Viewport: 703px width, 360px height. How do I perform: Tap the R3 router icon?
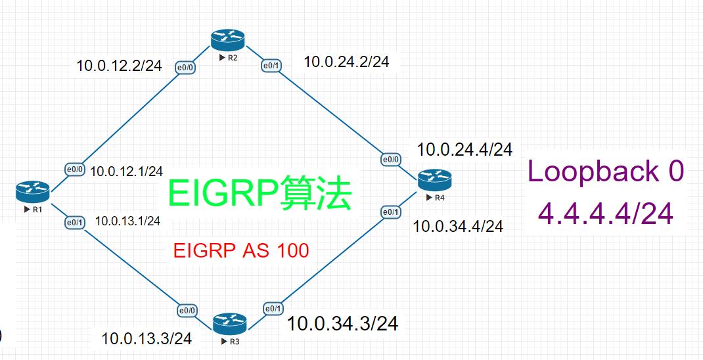[229, 323]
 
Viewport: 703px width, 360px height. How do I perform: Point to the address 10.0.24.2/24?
[346, 62]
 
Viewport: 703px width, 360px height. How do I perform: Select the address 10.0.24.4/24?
[464, 150]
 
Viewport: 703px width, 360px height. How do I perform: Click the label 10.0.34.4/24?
[458, 227]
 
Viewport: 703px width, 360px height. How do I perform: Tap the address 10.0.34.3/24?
[342, 323]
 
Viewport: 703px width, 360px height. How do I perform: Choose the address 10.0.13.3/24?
[147, 338]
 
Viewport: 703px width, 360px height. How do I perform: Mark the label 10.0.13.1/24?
[127, 221]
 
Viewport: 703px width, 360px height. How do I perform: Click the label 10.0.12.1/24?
[126, 171]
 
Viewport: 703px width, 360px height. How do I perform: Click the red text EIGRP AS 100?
[240, 250]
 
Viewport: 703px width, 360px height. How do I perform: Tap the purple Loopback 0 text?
[605, 171]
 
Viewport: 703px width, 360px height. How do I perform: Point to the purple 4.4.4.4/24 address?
[605, 214]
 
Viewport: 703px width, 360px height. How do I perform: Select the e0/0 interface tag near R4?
[390, 159]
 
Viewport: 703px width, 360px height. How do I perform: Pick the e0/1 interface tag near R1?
[74, 223]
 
